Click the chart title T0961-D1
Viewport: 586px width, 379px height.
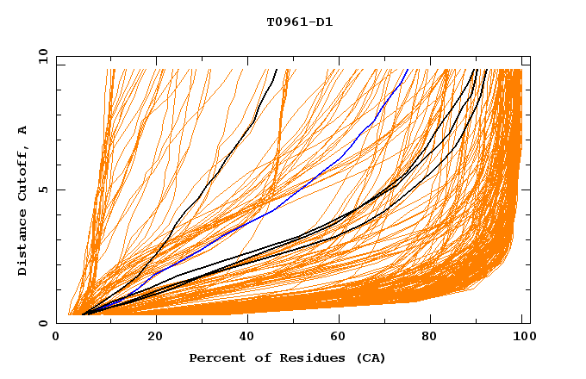click(299, 22)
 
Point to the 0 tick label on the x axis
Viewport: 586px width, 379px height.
click(57, 337)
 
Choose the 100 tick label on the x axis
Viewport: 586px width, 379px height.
click(522, 337)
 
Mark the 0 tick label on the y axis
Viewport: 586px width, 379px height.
click(43, 324)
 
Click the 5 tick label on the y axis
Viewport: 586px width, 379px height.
click(43, 189)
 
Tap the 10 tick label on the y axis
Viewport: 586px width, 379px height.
click(41, 56)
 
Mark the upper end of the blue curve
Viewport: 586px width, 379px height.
click(408, 70)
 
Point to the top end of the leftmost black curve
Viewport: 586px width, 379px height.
click(277, 70)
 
